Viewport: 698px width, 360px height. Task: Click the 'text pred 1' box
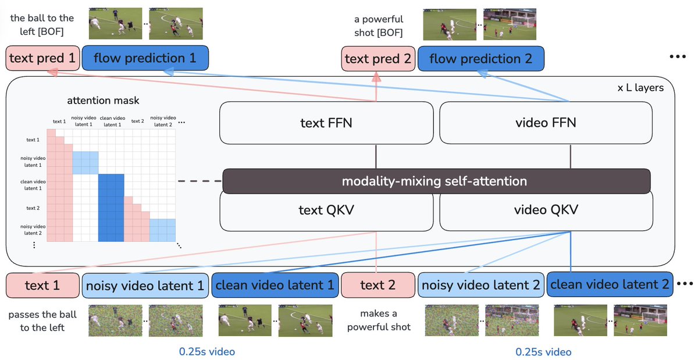[42, 58]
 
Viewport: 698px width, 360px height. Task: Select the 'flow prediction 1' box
[145, 58]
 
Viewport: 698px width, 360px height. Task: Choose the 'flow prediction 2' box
[480, 59]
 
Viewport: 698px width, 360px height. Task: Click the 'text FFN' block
[326, 123]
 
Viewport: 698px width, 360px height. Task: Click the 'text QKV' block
[326, 210]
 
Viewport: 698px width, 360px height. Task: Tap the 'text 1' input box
[42, 286]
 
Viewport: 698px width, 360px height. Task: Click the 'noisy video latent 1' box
[145, 286]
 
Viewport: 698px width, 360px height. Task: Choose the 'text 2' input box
[378, 286]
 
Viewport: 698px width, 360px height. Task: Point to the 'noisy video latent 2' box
[480, 286]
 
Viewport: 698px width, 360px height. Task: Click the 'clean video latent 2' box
[610, 285]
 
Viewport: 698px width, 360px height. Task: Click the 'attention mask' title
[102, 101]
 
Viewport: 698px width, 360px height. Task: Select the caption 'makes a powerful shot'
[379, 320]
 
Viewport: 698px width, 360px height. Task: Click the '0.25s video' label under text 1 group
[208, 351]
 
